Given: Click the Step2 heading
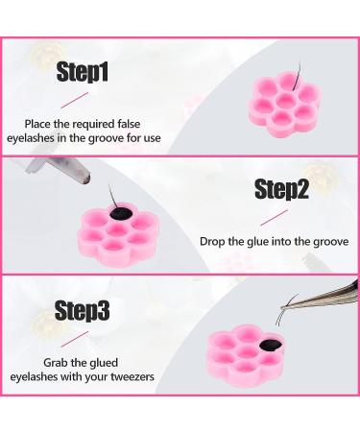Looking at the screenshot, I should point(281,189).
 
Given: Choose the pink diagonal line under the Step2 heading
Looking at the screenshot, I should point(274,218).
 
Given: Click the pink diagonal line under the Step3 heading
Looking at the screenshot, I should point(75,338).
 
